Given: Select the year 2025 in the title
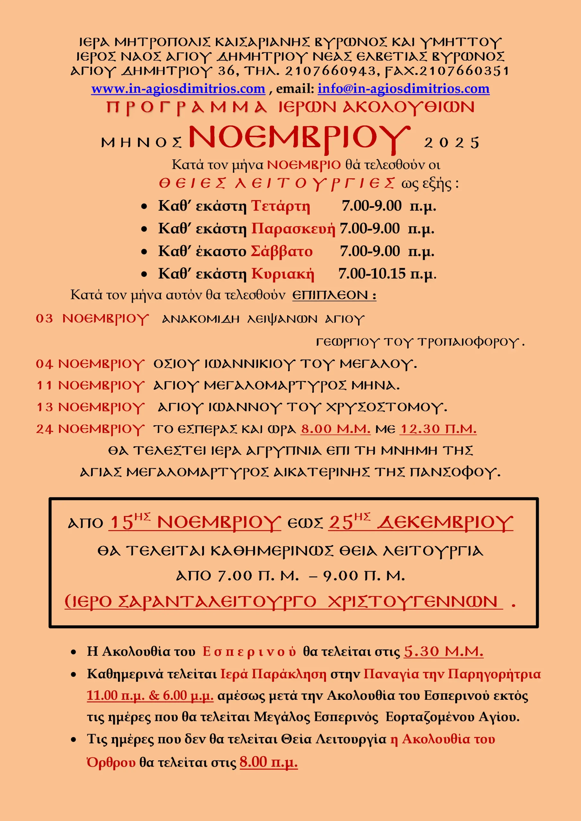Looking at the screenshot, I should click(451, 143).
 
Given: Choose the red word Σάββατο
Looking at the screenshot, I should click(282, 251).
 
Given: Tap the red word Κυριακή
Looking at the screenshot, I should click(283, 274).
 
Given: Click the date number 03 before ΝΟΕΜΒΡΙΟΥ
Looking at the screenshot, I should click(44, 318).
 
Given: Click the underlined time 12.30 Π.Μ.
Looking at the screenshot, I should click(438, 429).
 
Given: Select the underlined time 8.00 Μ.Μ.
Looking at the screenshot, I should click(335, 429).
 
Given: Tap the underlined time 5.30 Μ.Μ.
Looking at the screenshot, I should click(443, 651).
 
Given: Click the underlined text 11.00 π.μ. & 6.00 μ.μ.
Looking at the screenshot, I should click(150, 696).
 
